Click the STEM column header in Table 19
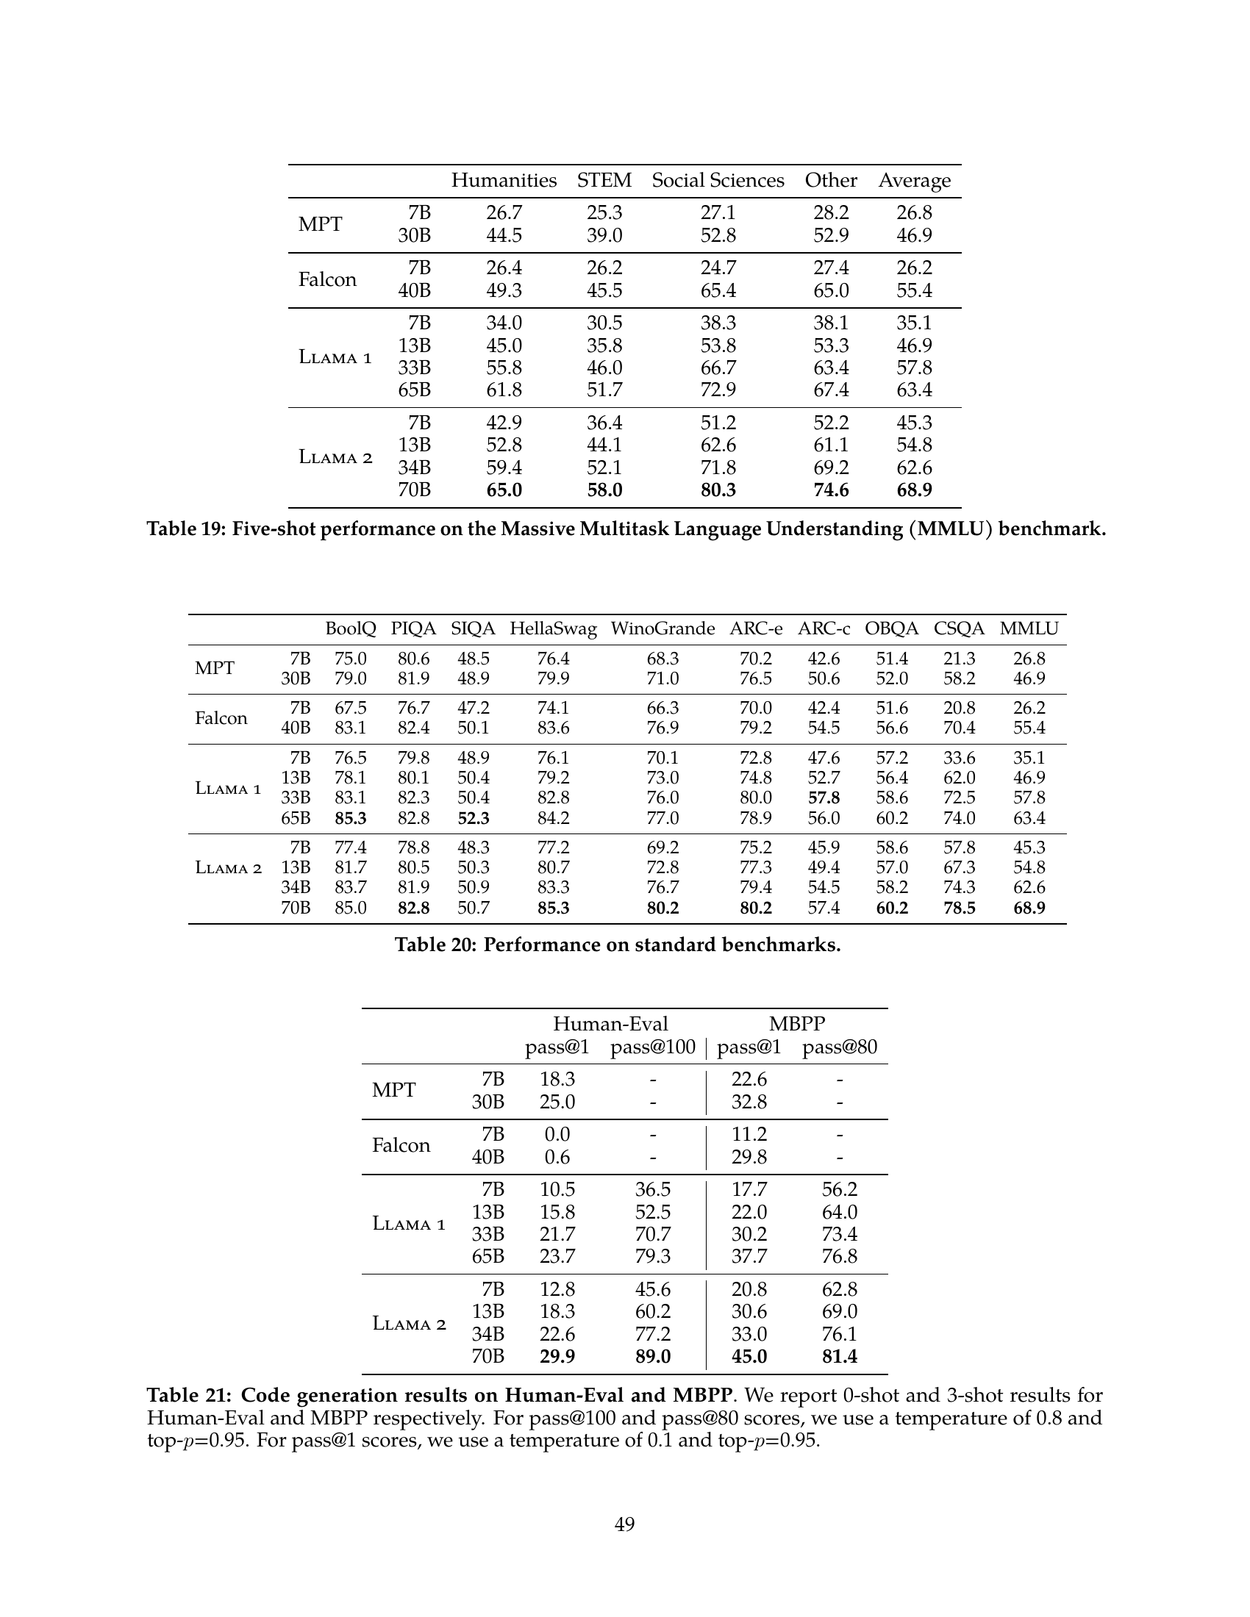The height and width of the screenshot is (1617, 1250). [x=604, y=181]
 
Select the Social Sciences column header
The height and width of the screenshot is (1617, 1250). [x=718, y=181]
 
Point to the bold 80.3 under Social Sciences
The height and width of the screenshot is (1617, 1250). [x=718, y=490]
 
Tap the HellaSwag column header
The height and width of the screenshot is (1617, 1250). [x=553, y=628]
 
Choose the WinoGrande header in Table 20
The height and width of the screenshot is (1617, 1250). [x=662, y=628]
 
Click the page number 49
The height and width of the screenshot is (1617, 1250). [x=624, y=1524]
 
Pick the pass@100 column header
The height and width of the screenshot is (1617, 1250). [x=652, y=1047]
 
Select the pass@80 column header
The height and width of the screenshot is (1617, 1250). [x=839, y=1047]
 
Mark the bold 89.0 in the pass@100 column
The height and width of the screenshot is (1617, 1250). [x=652, y=1356]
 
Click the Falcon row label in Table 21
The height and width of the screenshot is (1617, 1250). [x=401, y=1145]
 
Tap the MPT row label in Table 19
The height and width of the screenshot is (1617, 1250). [x=320, y=224]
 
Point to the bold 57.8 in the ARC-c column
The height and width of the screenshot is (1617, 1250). [x=824, y=797]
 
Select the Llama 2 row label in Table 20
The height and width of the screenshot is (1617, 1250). [x=228, y=868]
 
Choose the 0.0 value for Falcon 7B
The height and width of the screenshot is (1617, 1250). [x=557, y=1134]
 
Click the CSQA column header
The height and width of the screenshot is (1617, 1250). [x=959, y=628]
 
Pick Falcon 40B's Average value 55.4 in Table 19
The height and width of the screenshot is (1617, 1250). [x=914, y=290]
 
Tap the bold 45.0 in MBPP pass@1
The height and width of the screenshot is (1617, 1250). [x=749, y=1356]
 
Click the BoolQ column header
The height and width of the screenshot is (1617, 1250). [x=350, y=628]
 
